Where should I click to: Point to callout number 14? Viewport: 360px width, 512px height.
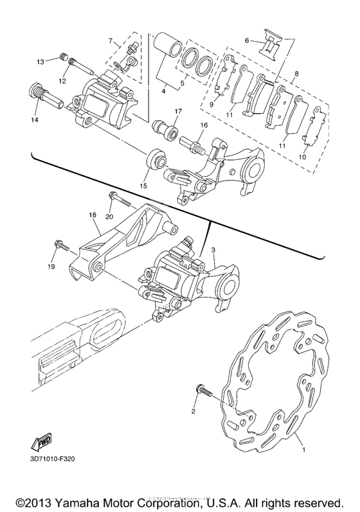[33, 120]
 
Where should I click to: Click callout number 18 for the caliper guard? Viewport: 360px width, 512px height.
[93, 215]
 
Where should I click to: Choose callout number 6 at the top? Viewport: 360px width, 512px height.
[246, 39]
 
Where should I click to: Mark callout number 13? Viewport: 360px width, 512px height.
[40, 62]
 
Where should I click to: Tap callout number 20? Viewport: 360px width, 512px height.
[109, 217]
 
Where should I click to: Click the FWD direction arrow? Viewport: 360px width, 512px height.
[40, 441]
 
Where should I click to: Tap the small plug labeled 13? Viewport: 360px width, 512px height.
[64, 56]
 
